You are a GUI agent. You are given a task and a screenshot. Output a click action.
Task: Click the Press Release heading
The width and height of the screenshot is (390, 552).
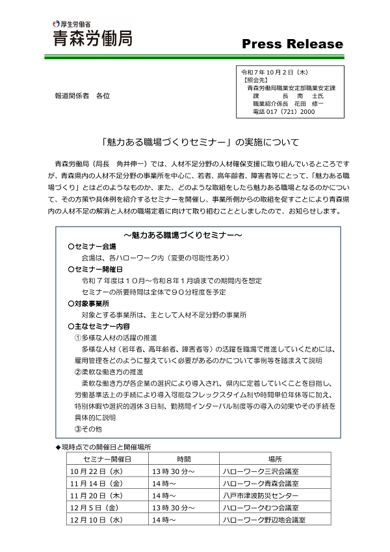coord(292,44)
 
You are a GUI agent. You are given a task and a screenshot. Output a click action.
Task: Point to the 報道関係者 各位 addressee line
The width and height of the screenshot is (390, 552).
coord(82,96)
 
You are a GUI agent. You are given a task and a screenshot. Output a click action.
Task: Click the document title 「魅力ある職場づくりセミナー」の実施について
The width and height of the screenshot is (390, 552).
coord(195,141)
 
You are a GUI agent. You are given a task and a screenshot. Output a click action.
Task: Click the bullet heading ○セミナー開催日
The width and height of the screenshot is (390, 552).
coord(96,269)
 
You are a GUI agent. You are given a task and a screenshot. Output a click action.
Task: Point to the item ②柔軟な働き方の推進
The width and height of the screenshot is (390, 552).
coord(109,372)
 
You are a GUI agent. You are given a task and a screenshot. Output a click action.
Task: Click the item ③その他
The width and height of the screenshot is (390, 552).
coord(88,429)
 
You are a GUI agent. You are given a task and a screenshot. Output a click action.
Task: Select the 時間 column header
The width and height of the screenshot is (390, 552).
coord(183,459)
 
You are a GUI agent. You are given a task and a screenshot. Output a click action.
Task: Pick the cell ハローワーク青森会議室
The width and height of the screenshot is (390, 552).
coord(261,484)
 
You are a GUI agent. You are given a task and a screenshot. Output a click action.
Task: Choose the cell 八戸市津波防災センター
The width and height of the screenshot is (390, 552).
coord(261,496)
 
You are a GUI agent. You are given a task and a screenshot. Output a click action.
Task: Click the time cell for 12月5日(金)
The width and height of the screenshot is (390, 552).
coord(173,508)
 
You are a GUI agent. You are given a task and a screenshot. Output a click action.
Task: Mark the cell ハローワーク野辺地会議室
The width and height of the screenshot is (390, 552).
coord(265,520)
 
